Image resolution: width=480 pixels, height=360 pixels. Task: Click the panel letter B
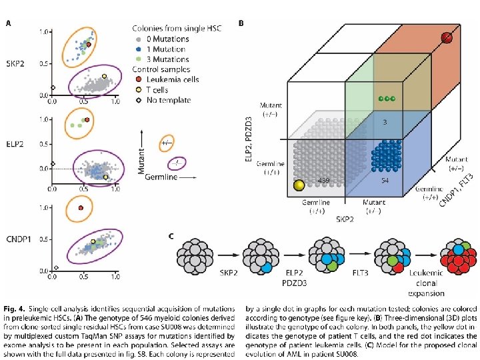(x=241, y=23)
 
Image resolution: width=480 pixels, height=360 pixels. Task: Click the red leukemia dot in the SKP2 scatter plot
(x=89, y=44)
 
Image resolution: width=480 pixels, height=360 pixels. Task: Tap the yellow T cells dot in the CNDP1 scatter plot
(x=93, y=242)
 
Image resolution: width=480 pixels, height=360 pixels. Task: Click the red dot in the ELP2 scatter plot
(x=87, y=120)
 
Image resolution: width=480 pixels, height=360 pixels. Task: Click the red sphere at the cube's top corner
(x=447, y=38)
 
